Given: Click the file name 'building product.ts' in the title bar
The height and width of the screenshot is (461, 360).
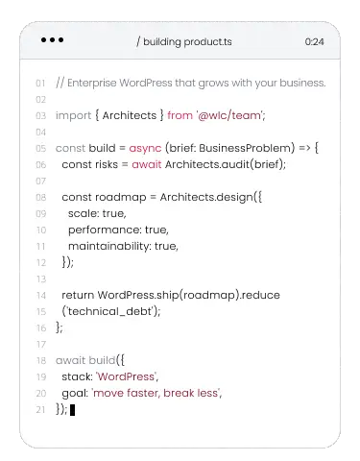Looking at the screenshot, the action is (187, 42).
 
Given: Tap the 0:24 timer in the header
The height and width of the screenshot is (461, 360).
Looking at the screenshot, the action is (314, 41).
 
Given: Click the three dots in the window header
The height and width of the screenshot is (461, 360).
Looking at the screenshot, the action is (52, 40).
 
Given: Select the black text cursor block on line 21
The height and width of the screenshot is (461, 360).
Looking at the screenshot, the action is (72, 410).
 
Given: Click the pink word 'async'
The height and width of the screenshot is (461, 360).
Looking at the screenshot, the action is (145, 148).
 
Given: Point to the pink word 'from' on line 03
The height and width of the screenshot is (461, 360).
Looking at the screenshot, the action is (180, 115).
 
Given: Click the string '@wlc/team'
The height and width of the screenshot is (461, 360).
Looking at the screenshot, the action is (229, 115).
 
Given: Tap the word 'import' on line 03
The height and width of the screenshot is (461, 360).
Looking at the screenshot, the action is (73, 115).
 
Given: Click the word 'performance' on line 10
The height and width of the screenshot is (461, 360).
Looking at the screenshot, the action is (104, 230).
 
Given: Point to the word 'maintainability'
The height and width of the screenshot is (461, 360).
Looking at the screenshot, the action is (108, 246).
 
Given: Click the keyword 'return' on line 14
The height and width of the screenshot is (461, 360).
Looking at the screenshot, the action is (78, 295).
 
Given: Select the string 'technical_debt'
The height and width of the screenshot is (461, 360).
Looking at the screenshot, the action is (109, 311).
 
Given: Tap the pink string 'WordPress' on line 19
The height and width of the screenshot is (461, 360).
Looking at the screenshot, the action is (126, 376).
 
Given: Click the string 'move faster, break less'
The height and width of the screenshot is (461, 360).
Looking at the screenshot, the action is (156, 393).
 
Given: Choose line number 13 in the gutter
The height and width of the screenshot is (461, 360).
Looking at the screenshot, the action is (41, 279).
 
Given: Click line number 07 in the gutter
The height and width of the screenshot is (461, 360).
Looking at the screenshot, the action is (40, 182).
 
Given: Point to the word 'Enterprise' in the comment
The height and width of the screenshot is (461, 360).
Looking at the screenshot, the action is (92, 83).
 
